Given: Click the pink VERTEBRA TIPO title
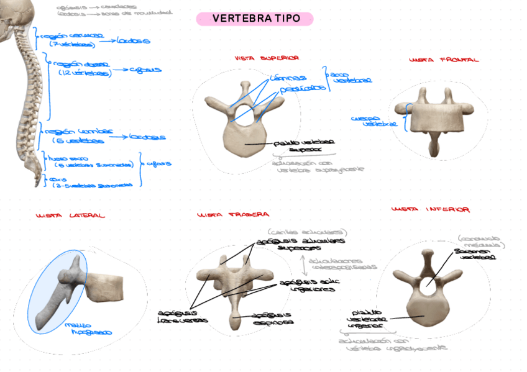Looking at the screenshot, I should [255, 19].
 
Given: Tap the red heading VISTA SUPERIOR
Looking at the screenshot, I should [267, 58].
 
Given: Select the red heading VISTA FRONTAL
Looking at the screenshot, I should [444, 60].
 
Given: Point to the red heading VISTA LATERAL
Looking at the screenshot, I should [71, 215].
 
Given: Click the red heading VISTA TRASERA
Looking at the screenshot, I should [232, 215].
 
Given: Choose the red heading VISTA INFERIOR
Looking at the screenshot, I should [430, 210].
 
